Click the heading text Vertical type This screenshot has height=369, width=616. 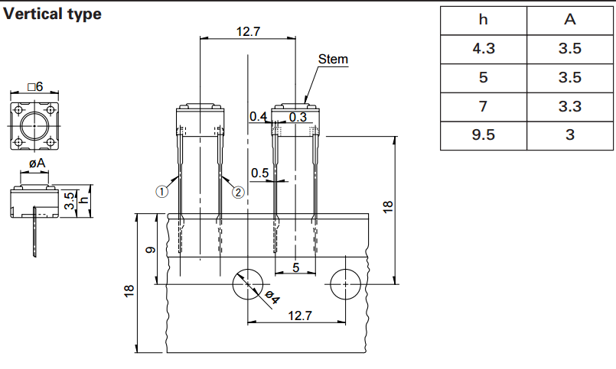coord(52,14)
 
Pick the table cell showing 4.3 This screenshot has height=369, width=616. coord(484,49)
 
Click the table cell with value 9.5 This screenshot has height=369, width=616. coord(484,136)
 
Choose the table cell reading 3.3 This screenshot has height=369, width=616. coord(569,107)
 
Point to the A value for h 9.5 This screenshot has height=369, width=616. coord(569,136)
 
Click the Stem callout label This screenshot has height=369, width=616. coord(333,60)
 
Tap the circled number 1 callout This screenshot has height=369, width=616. coord(161,193)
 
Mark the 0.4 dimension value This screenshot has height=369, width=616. coord(258,117)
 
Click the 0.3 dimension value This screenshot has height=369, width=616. coord(298,117)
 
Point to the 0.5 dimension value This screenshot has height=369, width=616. coord(260,173)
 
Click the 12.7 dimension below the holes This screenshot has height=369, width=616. coord(295,316)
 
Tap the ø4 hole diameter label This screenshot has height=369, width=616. coord(272,298)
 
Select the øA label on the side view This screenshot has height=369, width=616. coord(35,163)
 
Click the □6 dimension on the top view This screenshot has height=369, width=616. coord(34,87)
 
